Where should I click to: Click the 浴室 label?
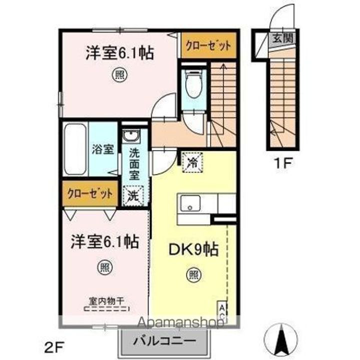103,148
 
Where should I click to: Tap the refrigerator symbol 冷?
192,161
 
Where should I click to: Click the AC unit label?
220,310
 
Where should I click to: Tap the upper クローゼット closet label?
208,45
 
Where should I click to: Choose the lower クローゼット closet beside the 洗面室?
89,192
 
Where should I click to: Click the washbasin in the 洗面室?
133,136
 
